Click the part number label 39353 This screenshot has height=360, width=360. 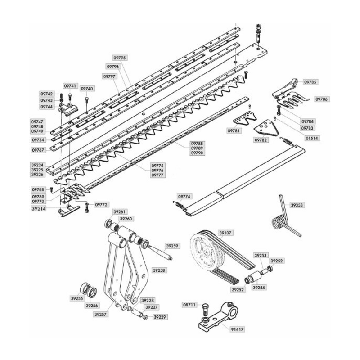pyautogui.click(x=297, y=205)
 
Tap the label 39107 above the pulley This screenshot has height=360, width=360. pyautogui.click(x=225, y=233)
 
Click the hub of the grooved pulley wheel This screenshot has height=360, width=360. pyautogui.click(x=207, y=252)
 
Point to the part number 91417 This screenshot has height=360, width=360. pyautogui.click(x=238, y=329)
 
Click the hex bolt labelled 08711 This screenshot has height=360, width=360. pyautogui.click(x=205, y=310)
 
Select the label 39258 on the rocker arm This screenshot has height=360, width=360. pyautogui.click(x=159, y=270)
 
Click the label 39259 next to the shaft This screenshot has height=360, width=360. pyautogui.click(x=172, y=246)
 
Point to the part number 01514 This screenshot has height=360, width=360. pyautogui.click(x=312, y=138)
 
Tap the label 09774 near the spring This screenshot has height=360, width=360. pyautogui.click(x=184, y=197)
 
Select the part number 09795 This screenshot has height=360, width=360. pyautogui.click(x=120, y=58)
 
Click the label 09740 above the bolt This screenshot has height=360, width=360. pyautogui.click(x=87, y=89)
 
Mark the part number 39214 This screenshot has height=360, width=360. pyautogui.click(x=38, y=208)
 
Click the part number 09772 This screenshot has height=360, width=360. pyautogui.click(x=101, y=205)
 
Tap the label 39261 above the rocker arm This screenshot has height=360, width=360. pyautogui.click(x=120, y=211)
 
